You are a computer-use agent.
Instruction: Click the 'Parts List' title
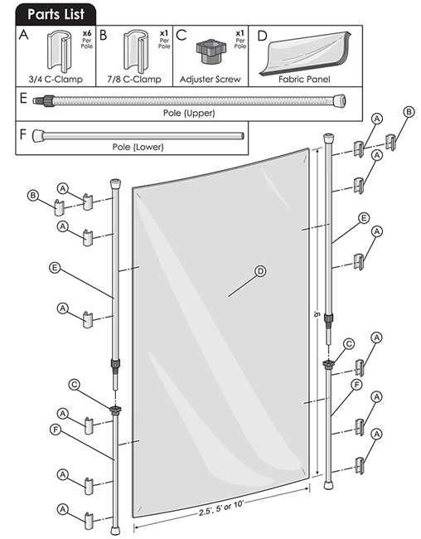click(x=56, y=14)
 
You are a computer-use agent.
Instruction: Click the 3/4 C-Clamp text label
click(x=56, y=80)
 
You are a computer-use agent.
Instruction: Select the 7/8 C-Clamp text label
click(x=134, y=80)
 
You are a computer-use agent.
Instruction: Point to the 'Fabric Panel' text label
click(x=304, y=80)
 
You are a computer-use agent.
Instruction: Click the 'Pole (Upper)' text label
click(x=189, y=113)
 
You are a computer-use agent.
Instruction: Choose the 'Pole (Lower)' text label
click(x=138, y=147)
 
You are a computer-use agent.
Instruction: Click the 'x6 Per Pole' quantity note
click(x=87, y=40)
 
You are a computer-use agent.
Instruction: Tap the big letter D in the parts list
click(x=262, y=36)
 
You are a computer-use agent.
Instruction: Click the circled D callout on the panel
click(x=261, y=271)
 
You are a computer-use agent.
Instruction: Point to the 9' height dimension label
click(x=317, y=314)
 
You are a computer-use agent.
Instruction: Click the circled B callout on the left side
click(x=32, y=196)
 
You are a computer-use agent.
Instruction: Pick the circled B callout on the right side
click(x=409, y=112)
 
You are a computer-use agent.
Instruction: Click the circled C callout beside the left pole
click(x=75, y=385)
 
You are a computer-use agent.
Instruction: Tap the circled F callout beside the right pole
click(x=356, y=385)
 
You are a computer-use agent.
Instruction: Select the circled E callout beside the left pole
click(x=55, y=268)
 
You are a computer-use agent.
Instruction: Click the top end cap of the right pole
click(x=328, y=138)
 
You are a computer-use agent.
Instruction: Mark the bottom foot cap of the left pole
click(x=115, y=530)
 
